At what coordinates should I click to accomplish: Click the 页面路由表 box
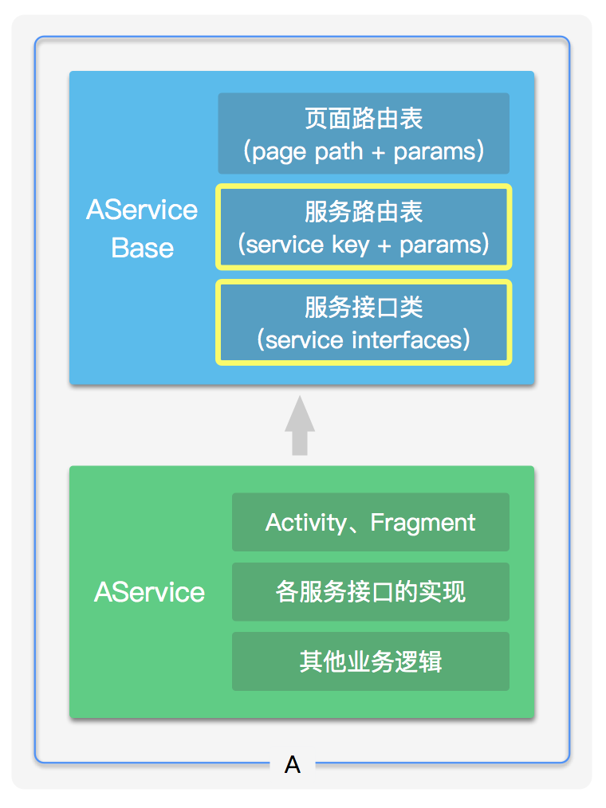click(x=364, y=133)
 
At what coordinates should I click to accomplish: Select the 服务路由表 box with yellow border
click(x=364, y=226)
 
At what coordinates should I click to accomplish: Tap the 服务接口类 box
click(x=364, y=322)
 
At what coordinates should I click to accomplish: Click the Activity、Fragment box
click(x=370, y=522)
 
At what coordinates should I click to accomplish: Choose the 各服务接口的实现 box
click(x=370, y=591)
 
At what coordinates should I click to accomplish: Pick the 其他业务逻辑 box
click(x=370, y=661)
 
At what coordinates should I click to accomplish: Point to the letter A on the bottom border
click(x=293, y=766)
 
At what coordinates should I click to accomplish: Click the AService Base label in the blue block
click(x=142, y=228)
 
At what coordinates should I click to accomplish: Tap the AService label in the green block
click(x=149, y=592)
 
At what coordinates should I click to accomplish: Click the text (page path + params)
click(x=364, y=151)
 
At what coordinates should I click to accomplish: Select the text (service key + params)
click(x=364, y=244)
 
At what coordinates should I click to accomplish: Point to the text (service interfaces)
click(x=364, y=340)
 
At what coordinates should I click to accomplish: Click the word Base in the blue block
click(x=142, y=247)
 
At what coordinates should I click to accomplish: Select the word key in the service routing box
click(x=351, y=245)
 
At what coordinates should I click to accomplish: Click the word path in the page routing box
click(x=339, y=151)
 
